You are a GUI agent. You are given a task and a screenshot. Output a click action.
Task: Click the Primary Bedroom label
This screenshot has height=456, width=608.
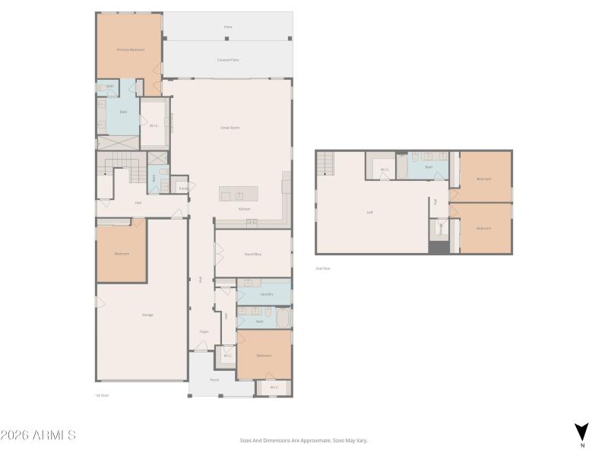point(130,50)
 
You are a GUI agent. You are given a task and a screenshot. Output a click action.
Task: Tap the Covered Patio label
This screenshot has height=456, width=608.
point(229,59)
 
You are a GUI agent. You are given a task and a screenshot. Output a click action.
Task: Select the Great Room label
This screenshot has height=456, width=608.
point(230,128)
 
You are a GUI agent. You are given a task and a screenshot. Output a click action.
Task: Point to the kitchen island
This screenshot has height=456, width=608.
point(239,193)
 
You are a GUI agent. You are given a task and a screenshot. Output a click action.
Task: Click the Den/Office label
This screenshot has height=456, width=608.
point(252,254)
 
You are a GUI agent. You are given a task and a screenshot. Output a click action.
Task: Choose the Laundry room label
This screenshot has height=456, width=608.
point(266,293)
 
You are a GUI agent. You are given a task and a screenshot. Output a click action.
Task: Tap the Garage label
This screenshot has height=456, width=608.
point(147,315)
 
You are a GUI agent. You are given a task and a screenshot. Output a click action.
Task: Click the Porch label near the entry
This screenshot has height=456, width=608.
point(214,380)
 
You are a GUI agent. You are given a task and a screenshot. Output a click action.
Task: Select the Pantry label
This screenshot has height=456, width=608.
point(183,188)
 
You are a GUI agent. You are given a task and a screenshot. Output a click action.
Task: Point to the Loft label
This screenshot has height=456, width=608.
point(369,212)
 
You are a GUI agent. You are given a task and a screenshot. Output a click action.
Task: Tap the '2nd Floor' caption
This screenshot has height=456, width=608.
point(323,268)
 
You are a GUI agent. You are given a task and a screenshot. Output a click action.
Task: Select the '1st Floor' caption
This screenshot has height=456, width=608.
point(103,395)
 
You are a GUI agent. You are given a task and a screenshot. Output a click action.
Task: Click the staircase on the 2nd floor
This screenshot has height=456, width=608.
point(325,162)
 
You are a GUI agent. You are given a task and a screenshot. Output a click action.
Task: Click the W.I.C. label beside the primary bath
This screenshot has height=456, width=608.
point(154,125)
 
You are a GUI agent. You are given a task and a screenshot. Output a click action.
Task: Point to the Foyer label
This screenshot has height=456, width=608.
point(204,331)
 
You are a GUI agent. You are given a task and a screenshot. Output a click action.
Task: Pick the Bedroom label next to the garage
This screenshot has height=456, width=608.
point(122,253)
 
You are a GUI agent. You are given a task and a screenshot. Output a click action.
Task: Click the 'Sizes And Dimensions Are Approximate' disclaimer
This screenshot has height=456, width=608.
point(304,440)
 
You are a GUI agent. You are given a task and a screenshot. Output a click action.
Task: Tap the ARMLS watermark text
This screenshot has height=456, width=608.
point(38,435)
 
